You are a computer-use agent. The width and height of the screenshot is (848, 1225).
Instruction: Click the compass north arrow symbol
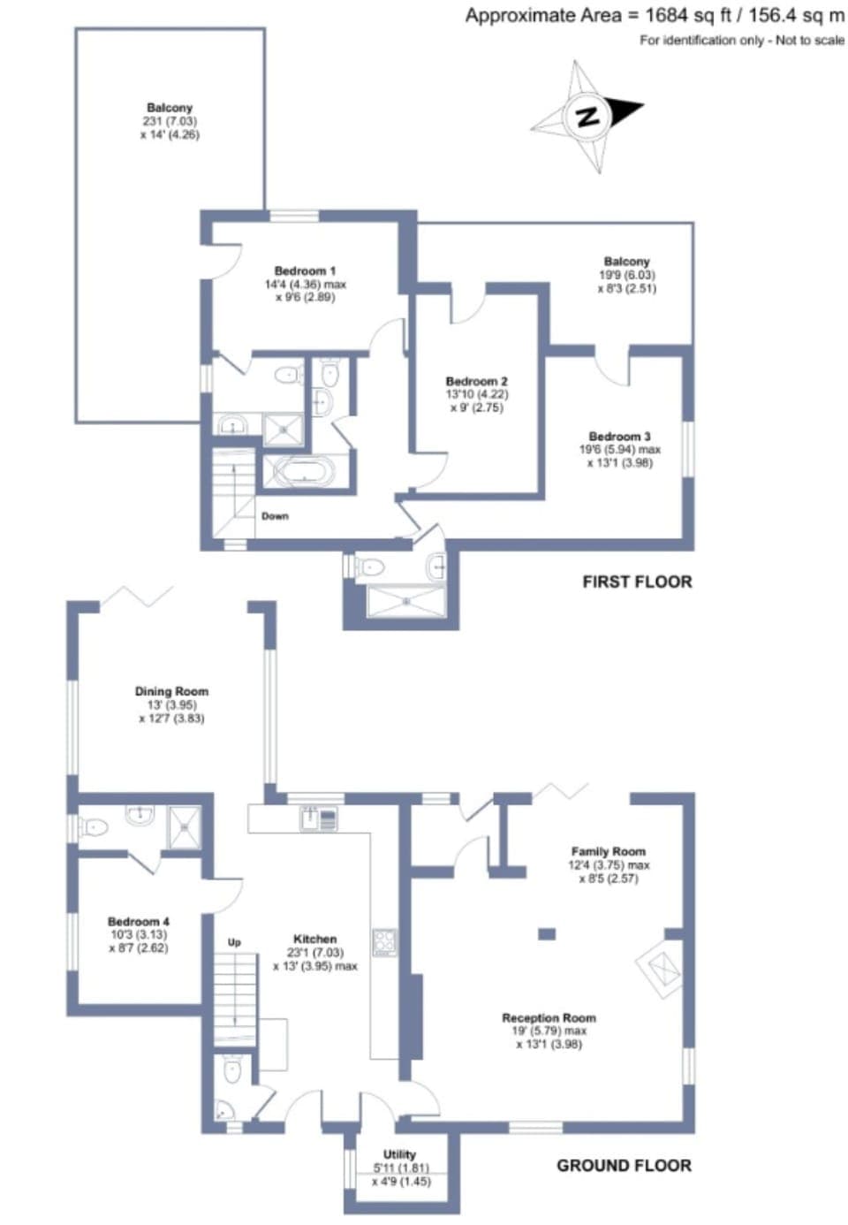click(x=587, y=116)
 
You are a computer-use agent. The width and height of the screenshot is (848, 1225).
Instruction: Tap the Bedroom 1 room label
click(x=305, y=271)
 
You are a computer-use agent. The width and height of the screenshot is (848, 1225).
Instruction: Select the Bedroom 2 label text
click(x=476, y=382)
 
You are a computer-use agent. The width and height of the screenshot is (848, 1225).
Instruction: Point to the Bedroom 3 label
click(x=619, y=437)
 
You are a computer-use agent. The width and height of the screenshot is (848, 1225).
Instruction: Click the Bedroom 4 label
click(x=139, y=922)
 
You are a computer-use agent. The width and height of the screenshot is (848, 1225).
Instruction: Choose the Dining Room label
click(x=171, y=692)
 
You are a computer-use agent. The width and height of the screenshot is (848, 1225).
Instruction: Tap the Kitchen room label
click(x=314, y=940)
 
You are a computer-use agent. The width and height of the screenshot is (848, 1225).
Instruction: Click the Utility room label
click(x=399, y=1154)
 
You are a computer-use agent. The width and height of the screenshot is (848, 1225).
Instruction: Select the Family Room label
click(x=608, y=852)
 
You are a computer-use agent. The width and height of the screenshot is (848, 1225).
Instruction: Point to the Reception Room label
click(x=549, y=1018)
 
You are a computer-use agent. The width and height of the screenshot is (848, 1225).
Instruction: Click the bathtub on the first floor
click(x=301, y=471)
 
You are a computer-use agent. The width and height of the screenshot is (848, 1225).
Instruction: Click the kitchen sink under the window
click(x=310, y=819)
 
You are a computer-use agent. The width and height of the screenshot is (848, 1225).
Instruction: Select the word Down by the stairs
click(x=275, y=516)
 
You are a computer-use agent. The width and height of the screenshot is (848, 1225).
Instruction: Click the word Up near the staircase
click(x=234, y=943)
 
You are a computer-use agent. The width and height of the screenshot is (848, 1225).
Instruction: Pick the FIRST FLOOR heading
click(x=636, y=582)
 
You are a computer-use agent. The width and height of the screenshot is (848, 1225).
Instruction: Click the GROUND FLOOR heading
click(x=624, y=1166)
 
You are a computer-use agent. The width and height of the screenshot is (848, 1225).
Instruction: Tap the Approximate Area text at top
click(x=654, y=15)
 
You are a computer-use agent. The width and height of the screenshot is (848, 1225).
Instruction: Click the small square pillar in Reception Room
click(x=547, y=933)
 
